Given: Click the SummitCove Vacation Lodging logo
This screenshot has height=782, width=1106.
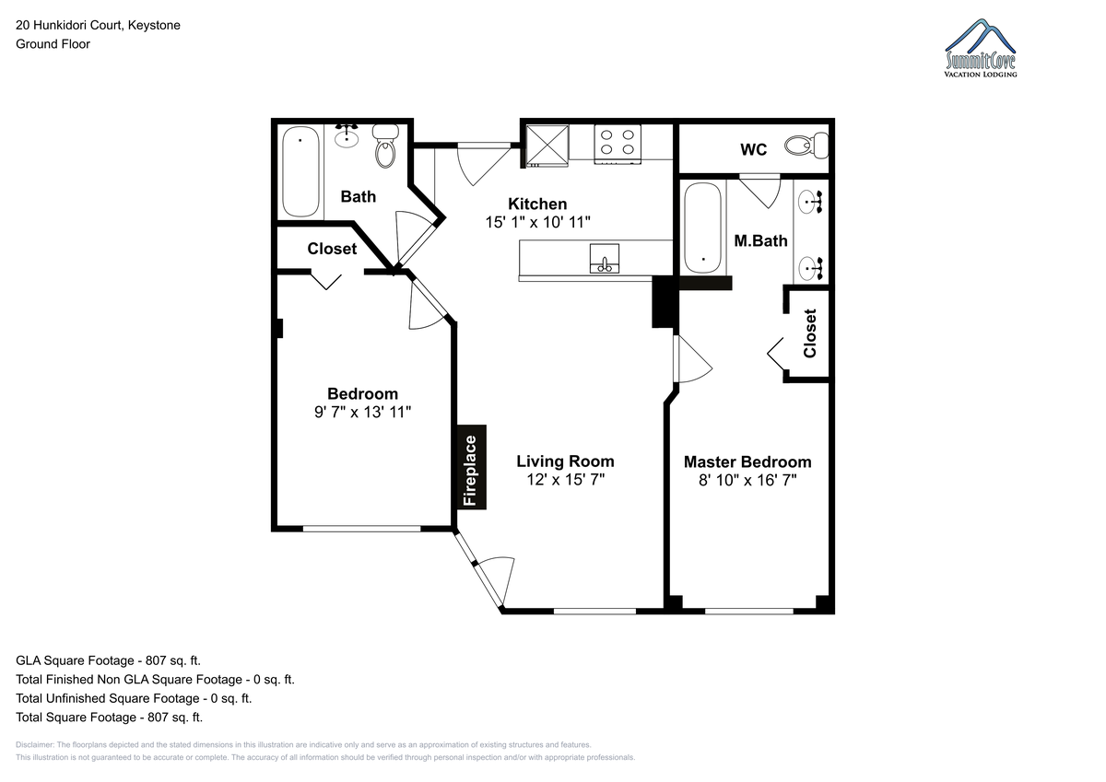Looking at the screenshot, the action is [x=980, y=48].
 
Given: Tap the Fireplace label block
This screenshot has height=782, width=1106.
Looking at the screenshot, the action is [x=472, y=467].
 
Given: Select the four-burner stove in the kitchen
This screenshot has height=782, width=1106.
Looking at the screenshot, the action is [x=618, y=144].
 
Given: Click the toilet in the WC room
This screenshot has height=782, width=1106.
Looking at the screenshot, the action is [x=806, y=146].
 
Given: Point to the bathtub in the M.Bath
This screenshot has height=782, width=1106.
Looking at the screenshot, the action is [x=703, y=228].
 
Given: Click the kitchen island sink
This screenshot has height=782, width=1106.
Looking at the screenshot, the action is [x=605, y=258].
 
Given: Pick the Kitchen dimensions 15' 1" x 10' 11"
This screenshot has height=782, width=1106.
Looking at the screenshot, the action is [x=537, y=222].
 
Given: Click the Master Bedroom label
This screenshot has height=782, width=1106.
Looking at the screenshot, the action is [x=747, y=461].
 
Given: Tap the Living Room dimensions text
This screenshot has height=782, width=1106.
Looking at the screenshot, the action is [x=565, y=479].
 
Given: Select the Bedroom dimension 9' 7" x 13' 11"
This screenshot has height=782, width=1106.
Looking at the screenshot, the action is [x=363, y=412].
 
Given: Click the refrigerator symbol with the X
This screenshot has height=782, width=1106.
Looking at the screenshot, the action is [x=547, y=146].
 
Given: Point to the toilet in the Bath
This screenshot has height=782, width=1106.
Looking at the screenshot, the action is [x=385, y=146].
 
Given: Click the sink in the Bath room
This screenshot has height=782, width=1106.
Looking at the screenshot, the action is [x=347, y=136].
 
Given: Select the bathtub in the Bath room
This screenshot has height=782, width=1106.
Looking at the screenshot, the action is [x=300, y=171].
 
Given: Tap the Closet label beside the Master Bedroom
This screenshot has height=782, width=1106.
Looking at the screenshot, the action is [x=810, y=333].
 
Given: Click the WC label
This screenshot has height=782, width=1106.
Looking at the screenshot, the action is [x=754, y=149].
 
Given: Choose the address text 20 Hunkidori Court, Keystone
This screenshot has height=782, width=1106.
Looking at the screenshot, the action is [x=98, y=25].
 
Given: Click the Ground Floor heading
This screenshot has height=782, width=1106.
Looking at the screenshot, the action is [x=53, y=44].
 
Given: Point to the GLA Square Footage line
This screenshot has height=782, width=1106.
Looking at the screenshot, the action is [x=108, y=660].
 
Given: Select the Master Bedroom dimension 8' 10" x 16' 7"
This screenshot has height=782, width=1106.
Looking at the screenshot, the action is [x=747, y=480].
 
